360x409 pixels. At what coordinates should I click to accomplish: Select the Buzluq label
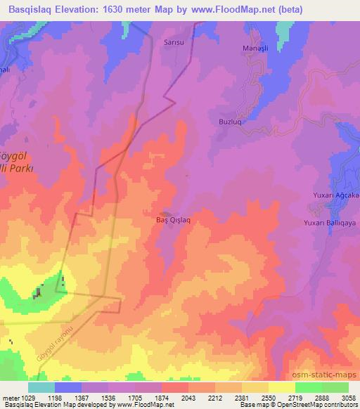223,120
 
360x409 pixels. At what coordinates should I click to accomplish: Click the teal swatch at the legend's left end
41,387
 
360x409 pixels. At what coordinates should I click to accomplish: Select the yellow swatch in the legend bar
281,387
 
